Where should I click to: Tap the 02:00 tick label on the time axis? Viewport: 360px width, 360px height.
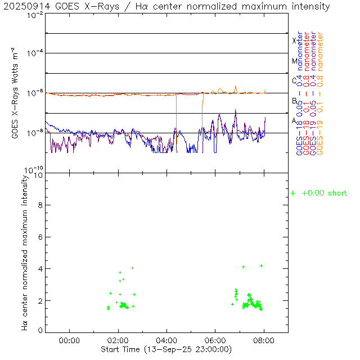118,340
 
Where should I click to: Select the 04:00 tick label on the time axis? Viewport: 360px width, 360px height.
167,340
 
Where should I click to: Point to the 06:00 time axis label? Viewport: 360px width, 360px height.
215,340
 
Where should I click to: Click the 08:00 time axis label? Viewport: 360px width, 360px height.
264,340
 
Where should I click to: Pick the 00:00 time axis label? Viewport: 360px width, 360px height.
69,340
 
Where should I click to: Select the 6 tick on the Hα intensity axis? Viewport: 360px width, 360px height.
39,237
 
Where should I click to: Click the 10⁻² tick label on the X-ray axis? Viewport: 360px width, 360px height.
35,15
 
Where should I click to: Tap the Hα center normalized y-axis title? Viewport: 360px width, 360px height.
25,252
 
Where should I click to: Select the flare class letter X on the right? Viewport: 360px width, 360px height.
294,40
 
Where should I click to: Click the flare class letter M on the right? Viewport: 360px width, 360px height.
294,61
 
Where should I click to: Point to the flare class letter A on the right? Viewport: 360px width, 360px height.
294,120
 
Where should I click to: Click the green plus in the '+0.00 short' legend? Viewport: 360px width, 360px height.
292,193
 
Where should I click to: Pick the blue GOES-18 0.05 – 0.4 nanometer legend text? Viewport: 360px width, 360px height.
299,93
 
